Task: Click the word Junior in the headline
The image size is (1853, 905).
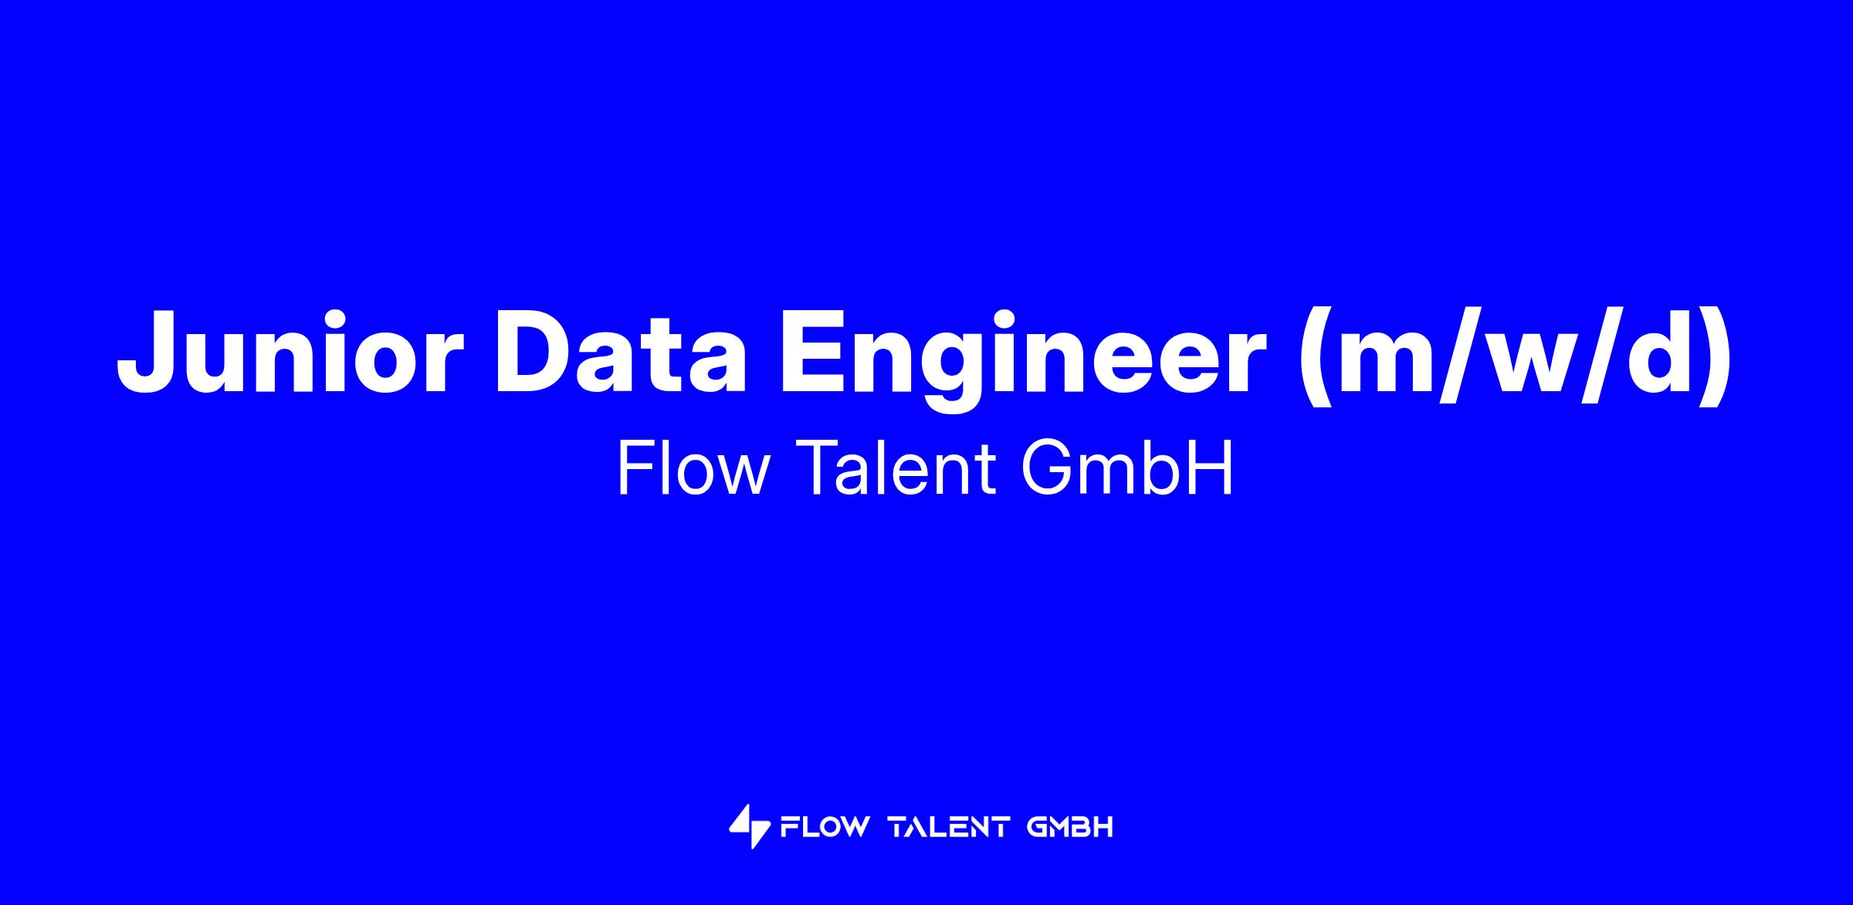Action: [x=290, y=352]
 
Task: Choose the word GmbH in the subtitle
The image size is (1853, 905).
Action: [x=1128, y=468]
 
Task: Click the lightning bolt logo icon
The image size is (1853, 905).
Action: [x=750, y=827]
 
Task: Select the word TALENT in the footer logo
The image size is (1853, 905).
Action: [x=949, y=828]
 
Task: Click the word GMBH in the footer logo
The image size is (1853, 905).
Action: [x=1070, y=828]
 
